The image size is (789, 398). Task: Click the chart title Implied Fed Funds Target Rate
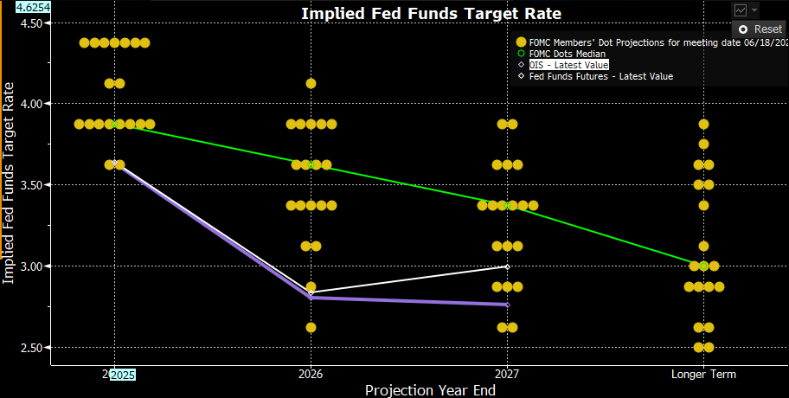[x=431, y=13]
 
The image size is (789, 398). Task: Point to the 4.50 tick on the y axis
[x=30, y=22]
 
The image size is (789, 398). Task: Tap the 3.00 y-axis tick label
[x=30, y=266]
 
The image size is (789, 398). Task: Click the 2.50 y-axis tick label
[x=30, y=348]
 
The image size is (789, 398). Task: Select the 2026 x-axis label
[x=311, y=375]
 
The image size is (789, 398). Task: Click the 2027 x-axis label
[x=507, y=375]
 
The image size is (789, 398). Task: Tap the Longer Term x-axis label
[x=703, y=375]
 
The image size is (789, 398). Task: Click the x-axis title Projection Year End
[x=430, y=390]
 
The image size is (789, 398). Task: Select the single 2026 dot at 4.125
[x=311, y=84]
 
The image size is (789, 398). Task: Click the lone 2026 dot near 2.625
[x=311, y=328]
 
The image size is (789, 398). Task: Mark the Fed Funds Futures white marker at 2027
[x=507, y=266]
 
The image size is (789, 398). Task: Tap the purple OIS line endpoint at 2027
[x=507, y=305]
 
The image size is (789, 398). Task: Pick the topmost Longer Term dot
[x=703, y=125]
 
